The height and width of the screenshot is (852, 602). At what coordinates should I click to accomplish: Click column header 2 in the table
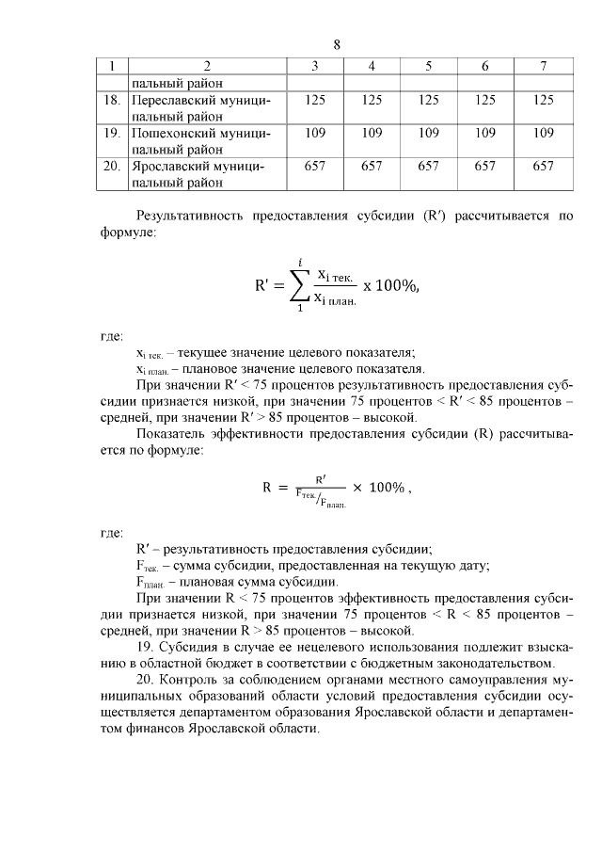pos(206,66)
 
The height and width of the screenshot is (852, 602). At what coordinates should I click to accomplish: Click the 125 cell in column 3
pos(315,99)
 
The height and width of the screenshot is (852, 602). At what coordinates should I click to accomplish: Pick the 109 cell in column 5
pos(428,133)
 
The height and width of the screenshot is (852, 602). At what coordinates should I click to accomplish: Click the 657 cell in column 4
pos(372,167)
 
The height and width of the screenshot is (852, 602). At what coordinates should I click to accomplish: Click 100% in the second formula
pos(389,487)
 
